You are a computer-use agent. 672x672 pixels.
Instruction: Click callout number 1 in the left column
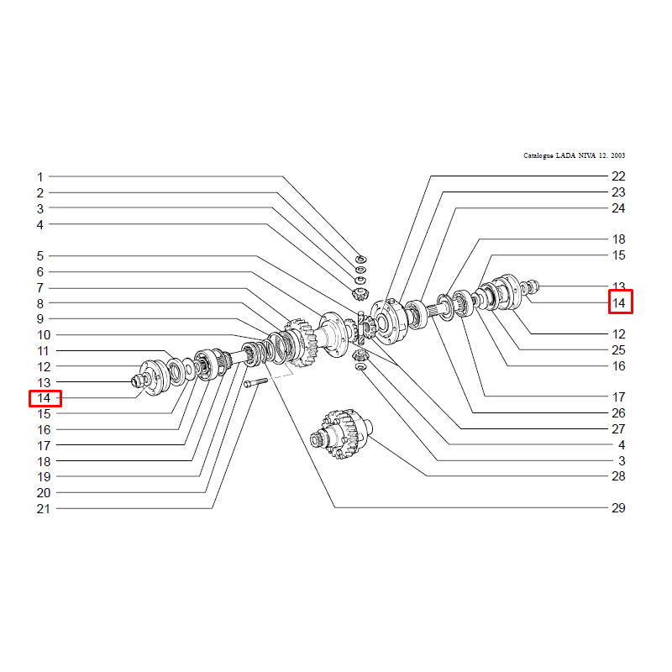pos(39,177)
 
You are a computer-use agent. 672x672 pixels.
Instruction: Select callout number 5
pos(39,256)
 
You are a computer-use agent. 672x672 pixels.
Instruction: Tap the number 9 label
pos(39,319)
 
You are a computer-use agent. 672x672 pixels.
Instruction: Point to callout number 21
pos(44,509)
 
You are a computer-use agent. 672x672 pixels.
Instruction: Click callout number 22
pos(618,176)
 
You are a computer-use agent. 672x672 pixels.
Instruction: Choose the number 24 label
pos(618,208)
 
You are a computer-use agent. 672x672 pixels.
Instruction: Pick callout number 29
pos(618,508)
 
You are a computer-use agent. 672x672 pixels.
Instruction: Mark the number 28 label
pos(618,475)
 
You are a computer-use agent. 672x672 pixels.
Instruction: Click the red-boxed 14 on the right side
pos(620,302)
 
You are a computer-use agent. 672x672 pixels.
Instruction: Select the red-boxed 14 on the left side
pos(45,398)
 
